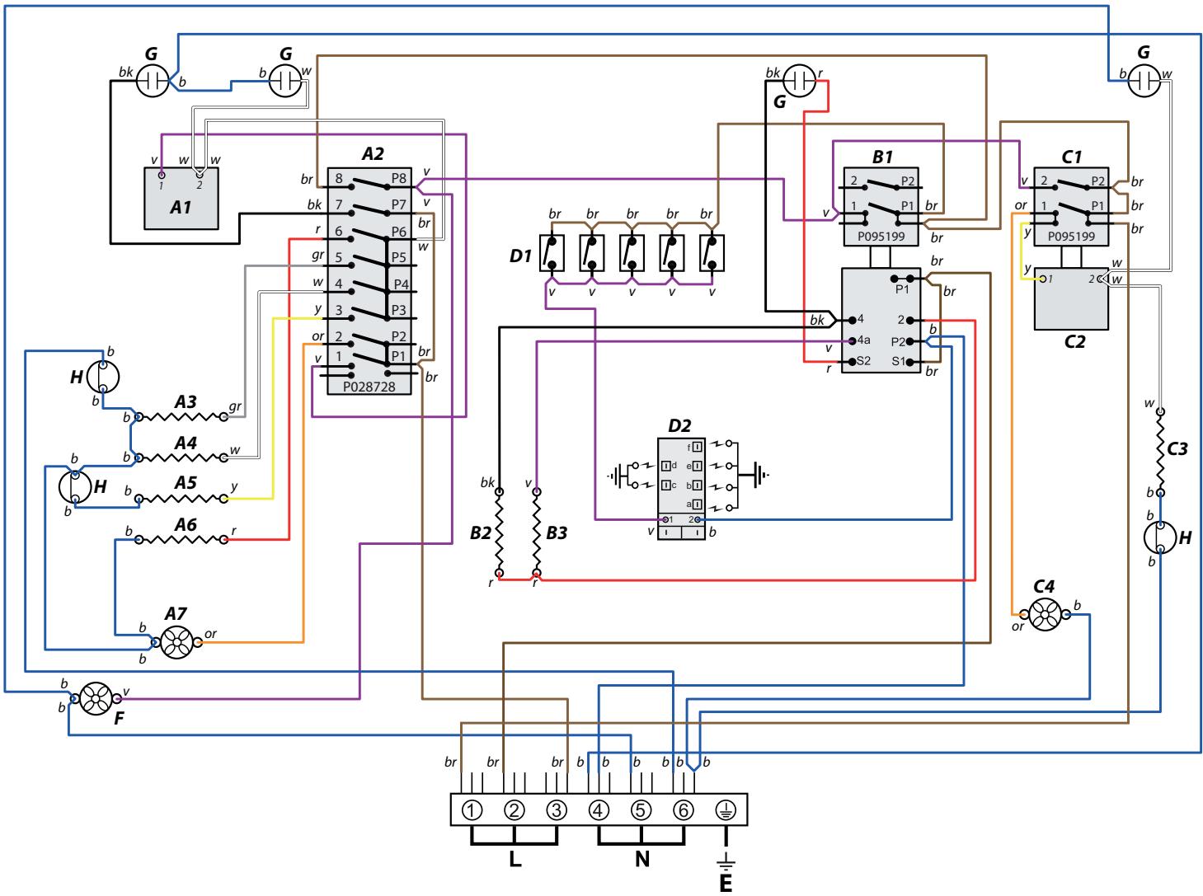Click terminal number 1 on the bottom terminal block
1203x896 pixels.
point(471,809)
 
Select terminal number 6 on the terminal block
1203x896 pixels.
point(682,809)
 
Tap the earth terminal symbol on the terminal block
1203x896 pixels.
point(725,809)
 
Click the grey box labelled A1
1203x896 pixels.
point(181,199)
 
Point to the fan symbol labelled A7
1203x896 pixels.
point(175,643)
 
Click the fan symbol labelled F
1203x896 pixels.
point(96,700)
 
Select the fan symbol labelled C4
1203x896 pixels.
point(1044,615)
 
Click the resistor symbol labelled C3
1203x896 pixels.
point(1159,452)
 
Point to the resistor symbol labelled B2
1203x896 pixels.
point(499,532)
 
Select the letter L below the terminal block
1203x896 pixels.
point(515,859)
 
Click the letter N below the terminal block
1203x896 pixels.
point(642,859)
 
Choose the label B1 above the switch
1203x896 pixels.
point(882,155)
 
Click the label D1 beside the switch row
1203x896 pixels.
point(520,256)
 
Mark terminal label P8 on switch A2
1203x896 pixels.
point(400,178)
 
